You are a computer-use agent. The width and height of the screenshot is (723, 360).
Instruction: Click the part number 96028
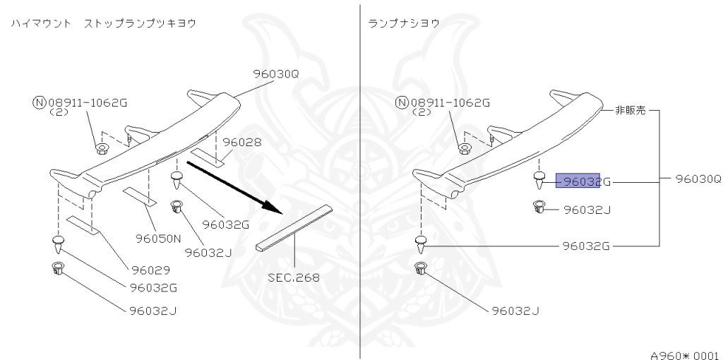[x=242, y=142]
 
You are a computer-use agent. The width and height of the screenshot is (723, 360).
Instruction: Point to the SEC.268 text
[x=293, y=277]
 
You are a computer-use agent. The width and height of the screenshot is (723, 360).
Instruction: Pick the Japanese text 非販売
[x=627, y=110]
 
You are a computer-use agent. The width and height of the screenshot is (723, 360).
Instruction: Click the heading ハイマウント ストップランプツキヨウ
[x=103, y=23]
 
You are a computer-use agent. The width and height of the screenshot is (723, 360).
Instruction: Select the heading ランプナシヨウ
[x=404, y=23]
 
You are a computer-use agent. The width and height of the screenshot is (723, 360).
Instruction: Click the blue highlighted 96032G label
[x=578, y=181]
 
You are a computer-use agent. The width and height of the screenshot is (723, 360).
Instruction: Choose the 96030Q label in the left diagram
[x=276, y=72]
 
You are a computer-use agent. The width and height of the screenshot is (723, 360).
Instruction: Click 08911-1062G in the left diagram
[x=87, y=102]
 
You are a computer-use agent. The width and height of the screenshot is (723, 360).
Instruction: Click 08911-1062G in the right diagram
[x=450, y=102]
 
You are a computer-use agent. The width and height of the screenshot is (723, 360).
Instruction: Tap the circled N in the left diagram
[x=38, y=102]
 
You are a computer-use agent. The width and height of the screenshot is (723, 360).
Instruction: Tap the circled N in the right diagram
[x=402, y=102]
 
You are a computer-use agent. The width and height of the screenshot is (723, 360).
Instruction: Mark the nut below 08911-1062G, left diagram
[x=101, y=148]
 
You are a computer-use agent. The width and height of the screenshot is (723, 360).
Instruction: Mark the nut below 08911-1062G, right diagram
[x=464, y=148]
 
